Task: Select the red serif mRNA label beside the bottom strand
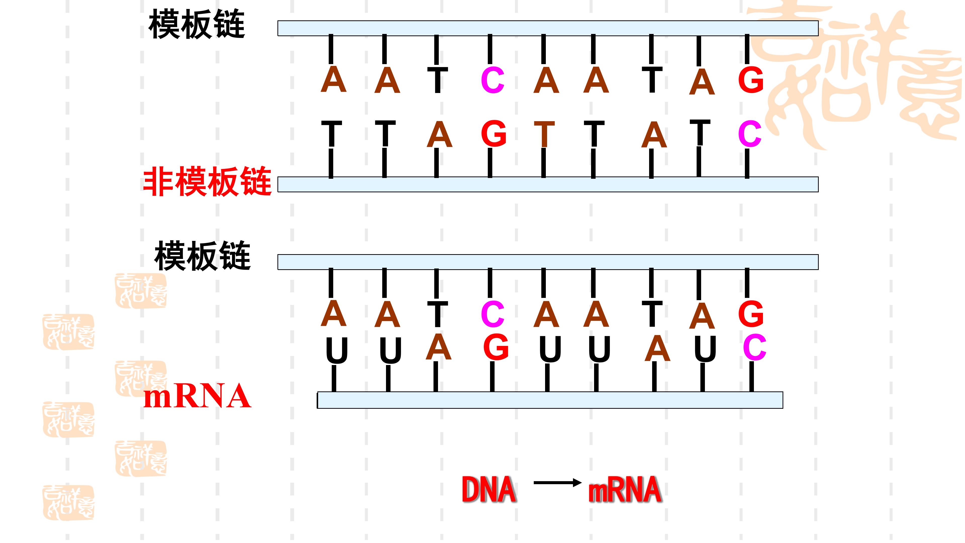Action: point(197,396)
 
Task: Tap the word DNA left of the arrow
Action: point(489,489)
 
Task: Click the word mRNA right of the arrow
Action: point(624,489)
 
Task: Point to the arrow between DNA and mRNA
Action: point(557,483)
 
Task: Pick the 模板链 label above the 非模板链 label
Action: point(197,25)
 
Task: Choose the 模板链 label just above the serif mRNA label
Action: point(202,256)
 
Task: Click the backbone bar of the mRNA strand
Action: point(550,400)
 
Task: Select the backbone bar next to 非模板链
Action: point(548,184)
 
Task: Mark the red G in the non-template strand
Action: point(494,134)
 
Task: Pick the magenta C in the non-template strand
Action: point(750,134)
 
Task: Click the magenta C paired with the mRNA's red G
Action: point(493,314)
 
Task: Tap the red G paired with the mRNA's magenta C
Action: point(751,314)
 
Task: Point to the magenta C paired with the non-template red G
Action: point(493,80)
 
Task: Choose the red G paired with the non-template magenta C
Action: point(751,80)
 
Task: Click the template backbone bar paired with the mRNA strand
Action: point(548,262)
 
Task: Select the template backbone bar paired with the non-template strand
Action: point(548,28)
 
